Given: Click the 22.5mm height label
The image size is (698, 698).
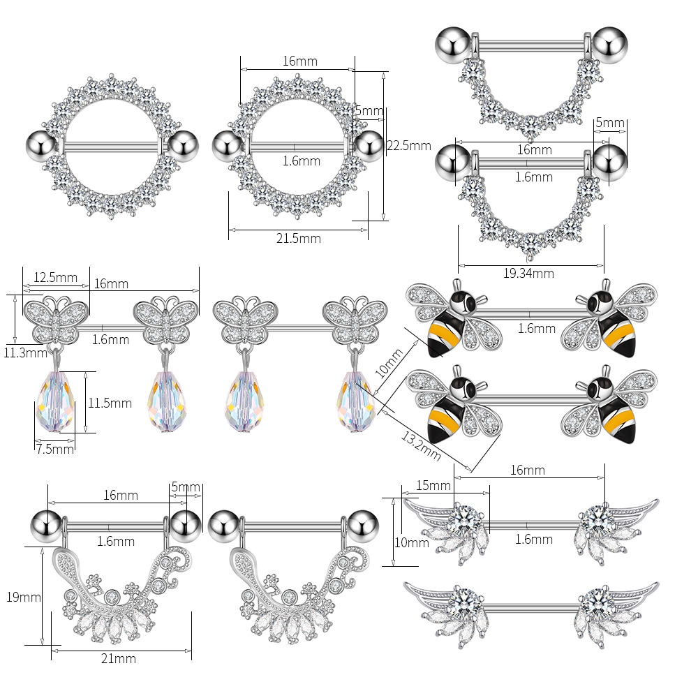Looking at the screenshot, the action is tap(408, 146).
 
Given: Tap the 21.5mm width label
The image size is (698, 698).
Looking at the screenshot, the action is tap(298, 239).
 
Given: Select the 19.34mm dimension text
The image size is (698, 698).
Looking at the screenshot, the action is tap(528, 273).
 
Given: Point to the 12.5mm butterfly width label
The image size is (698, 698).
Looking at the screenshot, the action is tap(56, 277).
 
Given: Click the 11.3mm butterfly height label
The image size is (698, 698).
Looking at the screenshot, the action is tap(25, 353).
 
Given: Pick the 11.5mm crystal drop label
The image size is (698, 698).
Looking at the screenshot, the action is tap(110, 403).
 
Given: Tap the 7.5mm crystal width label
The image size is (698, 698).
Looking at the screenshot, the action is tap(55, 449).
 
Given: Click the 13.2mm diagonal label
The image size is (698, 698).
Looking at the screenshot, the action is tap(421, 445).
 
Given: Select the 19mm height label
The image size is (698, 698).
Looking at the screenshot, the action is tap(24, 597).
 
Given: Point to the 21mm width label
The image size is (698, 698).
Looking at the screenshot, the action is tap(119, 658).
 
